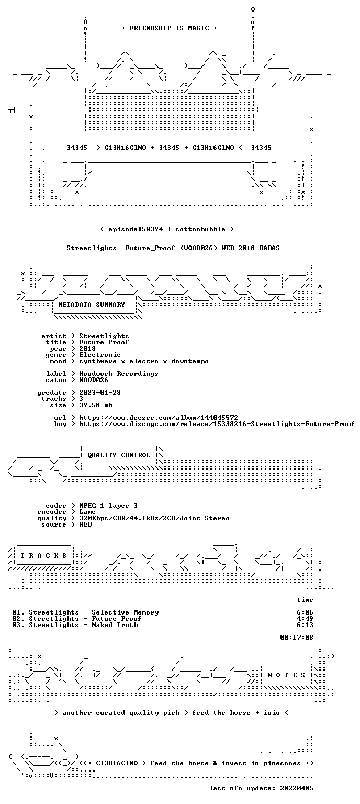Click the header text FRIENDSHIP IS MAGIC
pyautogui.click(x=170, y=28)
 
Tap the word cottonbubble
pyautogui.click(x=200, y=229)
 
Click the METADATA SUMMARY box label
pyautogui.click(x=92, y=305)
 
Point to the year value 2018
pyautogui.click(x=87, y=349)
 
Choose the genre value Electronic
pyautogui.click(x=100, y=355)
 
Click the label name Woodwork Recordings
pyautogui.click(x=118, y=374)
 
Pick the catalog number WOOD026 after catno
pyautogui.click(x=93, y=380)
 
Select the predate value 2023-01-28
pyautogui.click(x=100, y=393)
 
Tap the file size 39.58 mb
pyautogui.click(x=96, y=405)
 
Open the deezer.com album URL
pyautogui.click(x=159, y=418)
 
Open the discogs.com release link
pyautogui.click(x=217, y=425)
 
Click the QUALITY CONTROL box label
pyautogui.click(x=119, y=455)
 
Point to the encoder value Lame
pyautogui.click(x=87, y=512)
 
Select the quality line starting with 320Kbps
pyautogui.click(x=154, y=518)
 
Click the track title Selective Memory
pyautogui.click(x=125, y=613)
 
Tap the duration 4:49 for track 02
pyautogui.click(x=305, y=619)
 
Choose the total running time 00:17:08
pyautogui.click(x=297, y=638)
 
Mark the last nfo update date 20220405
pyautogui.click(x=297, y=788)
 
